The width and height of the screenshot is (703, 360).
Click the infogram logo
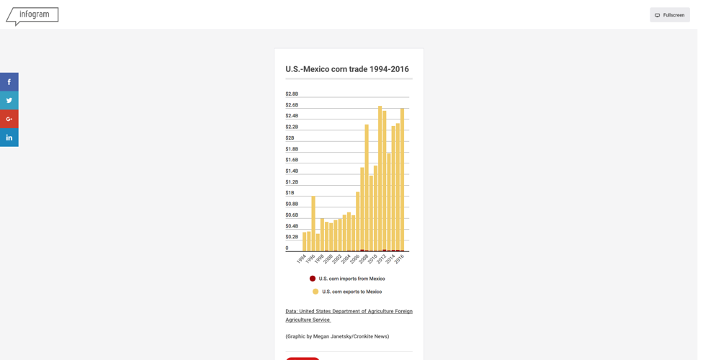click(32, 15)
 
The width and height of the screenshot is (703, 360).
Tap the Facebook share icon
click(9, 82)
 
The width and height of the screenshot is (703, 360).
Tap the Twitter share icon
click(9, 101)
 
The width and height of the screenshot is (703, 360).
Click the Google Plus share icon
click(9, 119)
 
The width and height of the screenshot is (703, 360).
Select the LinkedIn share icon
click(9, 138)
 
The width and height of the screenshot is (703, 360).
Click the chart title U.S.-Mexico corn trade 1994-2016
click(347, 69)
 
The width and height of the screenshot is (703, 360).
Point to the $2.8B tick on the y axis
click(292, 94)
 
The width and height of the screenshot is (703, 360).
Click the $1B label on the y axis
click(290, 193)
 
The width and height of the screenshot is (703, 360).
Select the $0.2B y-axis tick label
click(292, 237)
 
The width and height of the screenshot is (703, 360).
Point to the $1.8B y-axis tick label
click(292, 149)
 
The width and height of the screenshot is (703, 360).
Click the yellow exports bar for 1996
click(313, 223)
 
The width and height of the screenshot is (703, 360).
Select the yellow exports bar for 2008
click(367, 187)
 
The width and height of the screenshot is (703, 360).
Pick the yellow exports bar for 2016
click(402, 180)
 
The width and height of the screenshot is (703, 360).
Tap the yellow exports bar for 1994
click(305, 241)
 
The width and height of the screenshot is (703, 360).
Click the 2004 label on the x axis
click(346, 259)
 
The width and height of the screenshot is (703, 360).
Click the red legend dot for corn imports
click(313, 279)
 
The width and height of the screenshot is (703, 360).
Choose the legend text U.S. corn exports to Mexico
click(351, 292)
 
